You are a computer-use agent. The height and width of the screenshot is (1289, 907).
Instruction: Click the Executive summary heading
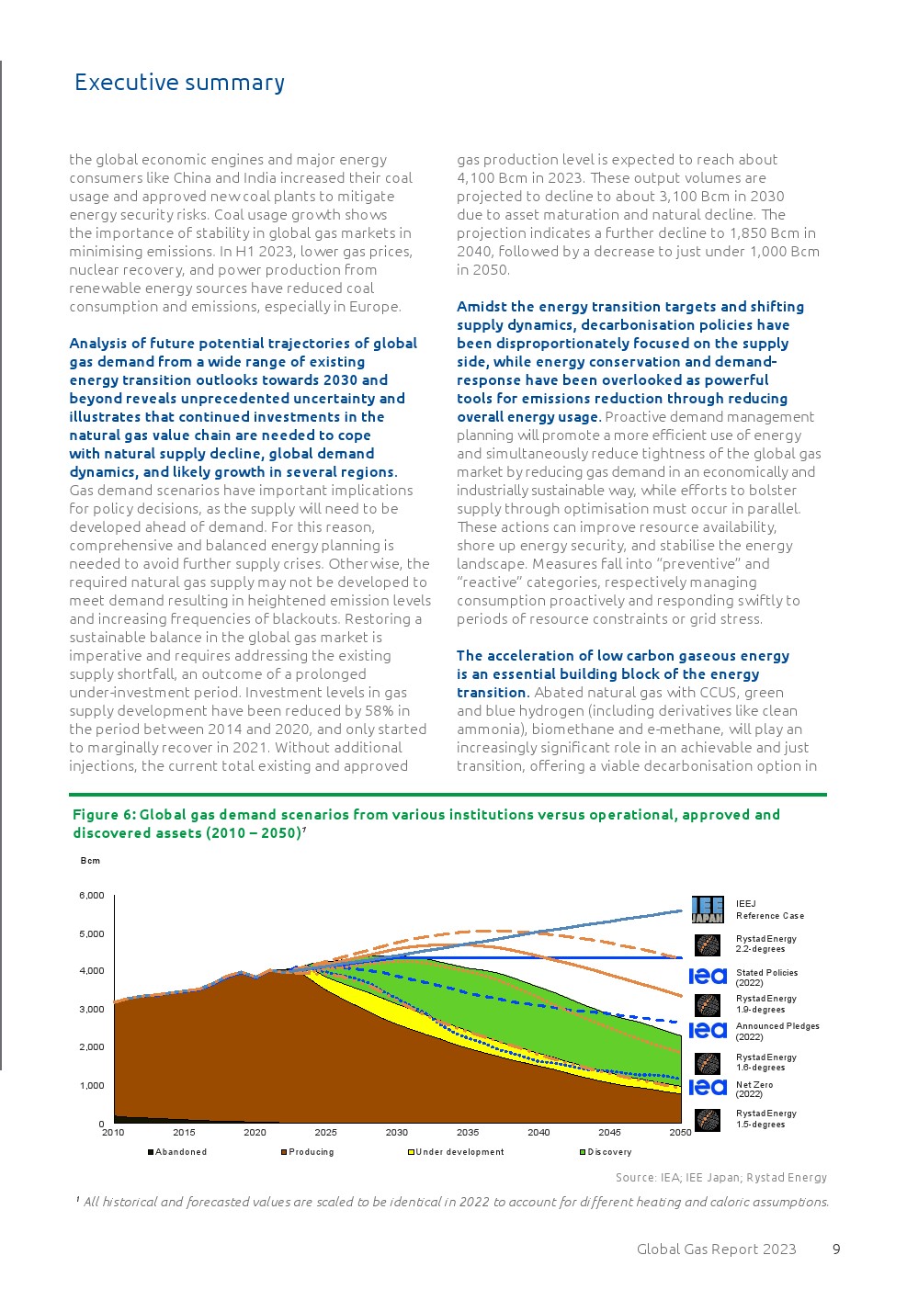tap(179, 83)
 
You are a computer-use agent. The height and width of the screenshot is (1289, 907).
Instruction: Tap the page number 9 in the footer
tap(836, 1249)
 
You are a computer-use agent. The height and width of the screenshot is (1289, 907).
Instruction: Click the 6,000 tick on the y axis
tap(92, 896)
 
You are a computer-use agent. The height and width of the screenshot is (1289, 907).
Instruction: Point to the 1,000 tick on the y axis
tap(92, 1085)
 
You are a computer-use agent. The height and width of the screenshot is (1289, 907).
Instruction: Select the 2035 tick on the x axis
tap(468, 1133)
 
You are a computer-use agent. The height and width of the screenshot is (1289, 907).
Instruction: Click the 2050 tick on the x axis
tap(680, 1133)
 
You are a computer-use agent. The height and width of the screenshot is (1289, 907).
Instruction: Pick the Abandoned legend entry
tap(180, 1152)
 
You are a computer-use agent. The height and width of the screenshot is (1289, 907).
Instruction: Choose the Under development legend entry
tap(459, 1152)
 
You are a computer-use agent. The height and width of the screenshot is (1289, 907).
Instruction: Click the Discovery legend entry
tap(608, 1152)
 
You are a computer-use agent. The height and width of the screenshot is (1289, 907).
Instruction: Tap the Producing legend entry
tap(311, 1152)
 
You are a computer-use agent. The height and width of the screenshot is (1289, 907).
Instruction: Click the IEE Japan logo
tap(708, 910)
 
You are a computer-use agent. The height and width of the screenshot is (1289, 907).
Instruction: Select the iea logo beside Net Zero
tap(708, 1088)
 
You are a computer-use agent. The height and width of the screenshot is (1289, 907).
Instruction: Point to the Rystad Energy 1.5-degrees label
tap(765, 1118)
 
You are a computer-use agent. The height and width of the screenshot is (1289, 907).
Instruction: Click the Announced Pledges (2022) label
tap(777, 1031)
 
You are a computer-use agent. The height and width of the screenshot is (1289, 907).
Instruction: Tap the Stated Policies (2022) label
tap(766, 977)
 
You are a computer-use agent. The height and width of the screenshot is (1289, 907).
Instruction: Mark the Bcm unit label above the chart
tap(90, 861)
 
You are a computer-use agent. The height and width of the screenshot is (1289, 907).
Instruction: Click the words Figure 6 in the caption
tap(103, 815)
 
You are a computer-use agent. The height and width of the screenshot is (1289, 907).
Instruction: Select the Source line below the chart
tap(720, 1177)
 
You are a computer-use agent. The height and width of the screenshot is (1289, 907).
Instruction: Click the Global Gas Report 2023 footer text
tap(716, 1249)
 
